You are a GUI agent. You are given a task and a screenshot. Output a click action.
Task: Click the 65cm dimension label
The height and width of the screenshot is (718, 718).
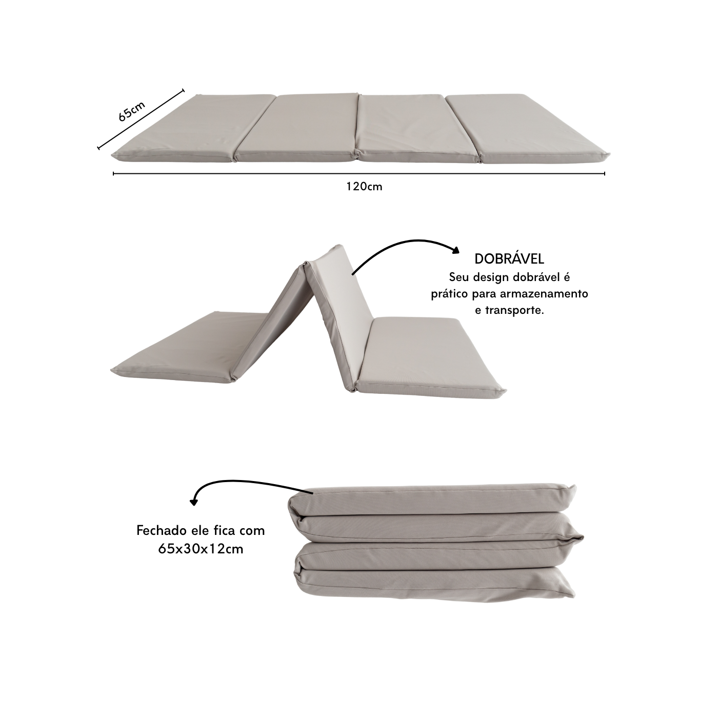[x=131, y=111]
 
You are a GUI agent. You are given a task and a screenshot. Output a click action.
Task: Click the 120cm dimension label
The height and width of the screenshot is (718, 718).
[x=364, y=186]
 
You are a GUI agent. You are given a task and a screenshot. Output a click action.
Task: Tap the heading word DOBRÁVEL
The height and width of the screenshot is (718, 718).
[x=509, y=259]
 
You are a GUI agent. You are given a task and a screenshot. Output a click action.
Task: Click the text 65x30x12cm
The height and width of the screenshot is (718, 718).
[x=201, y=549]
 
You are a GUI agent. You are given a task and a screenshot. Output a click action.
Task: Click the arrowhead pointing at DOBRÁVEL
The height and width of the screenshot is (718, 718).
[x=455, y=250]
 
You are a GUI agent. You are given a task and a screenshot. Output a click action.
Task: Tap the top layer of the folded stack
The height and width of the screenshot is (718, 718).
[x=432, y=500]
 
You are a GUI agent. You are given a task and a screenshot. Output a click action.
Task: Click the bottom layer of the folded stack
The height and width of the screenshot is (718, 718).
[x=434, y=586]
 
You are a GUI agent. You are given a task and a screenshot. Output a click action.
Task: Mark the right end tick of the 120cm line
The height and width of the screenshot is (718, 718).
[x=604, y=173]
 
